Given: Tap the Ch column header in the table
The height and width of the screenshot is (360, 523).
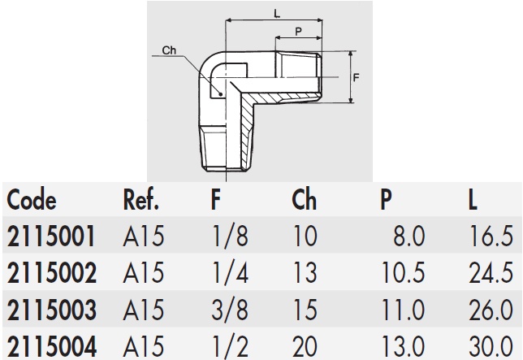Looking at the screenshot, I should (x=303, y=200).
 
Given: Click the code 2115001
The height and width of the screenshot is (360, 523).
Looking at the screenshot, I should (x=51, y=236).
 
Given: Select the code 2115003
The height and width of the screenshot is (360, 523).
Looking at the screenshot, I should (x=51, y=310).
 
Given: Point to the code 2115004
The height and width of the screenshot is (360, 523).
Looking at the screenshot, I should (x=51, y=345).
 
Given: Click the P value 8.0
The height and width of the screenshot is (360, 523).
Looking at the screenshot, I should (x=408, y=236).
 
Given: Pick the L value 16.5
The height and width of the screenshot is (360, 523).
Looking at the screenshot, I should (x=491, y=236).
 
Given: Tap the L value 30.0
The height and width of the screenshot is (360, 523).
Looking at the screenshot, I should (x=491, y=345).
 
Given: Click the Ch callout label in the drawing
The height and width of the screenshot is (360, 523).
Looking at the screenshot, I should (x=169, y=50).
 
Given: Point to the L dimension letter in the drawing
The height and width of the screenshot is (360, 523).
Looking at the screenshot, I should (x=277, y=13).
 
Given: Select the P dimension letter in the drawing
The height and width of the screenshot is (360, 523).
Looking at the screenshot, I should (x=300, y=32).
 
